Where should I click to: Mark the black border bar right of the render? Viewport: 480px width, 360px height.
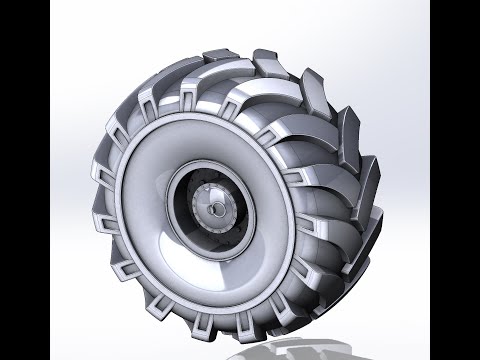pos(455,180)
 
